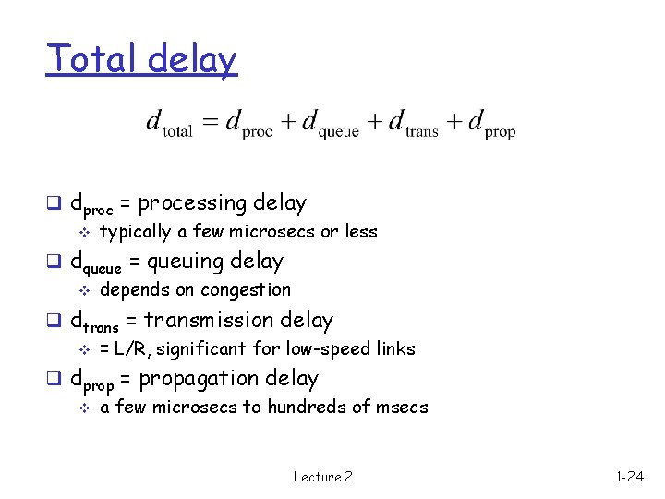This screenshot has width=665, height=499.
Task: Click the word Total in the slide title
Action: (x=84, y=60)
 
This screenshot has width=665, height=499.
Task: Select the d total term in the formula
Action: (x=170, y=123)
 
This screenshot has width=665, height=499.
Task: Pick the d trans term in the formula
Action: (x=414, y=123)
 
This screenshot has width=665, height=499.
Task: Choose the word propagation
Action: (x=205, y=379)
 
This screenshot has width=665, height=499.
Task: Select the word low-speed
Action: (x=325, y=348)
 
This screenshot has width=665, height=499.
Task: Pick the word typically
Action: (x=134, y=232)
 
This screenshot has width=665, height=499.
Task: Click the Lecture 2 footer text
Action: (x=322, y=477)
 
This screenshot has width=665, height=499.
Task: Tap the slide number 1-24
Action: (x=630, y=477)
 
